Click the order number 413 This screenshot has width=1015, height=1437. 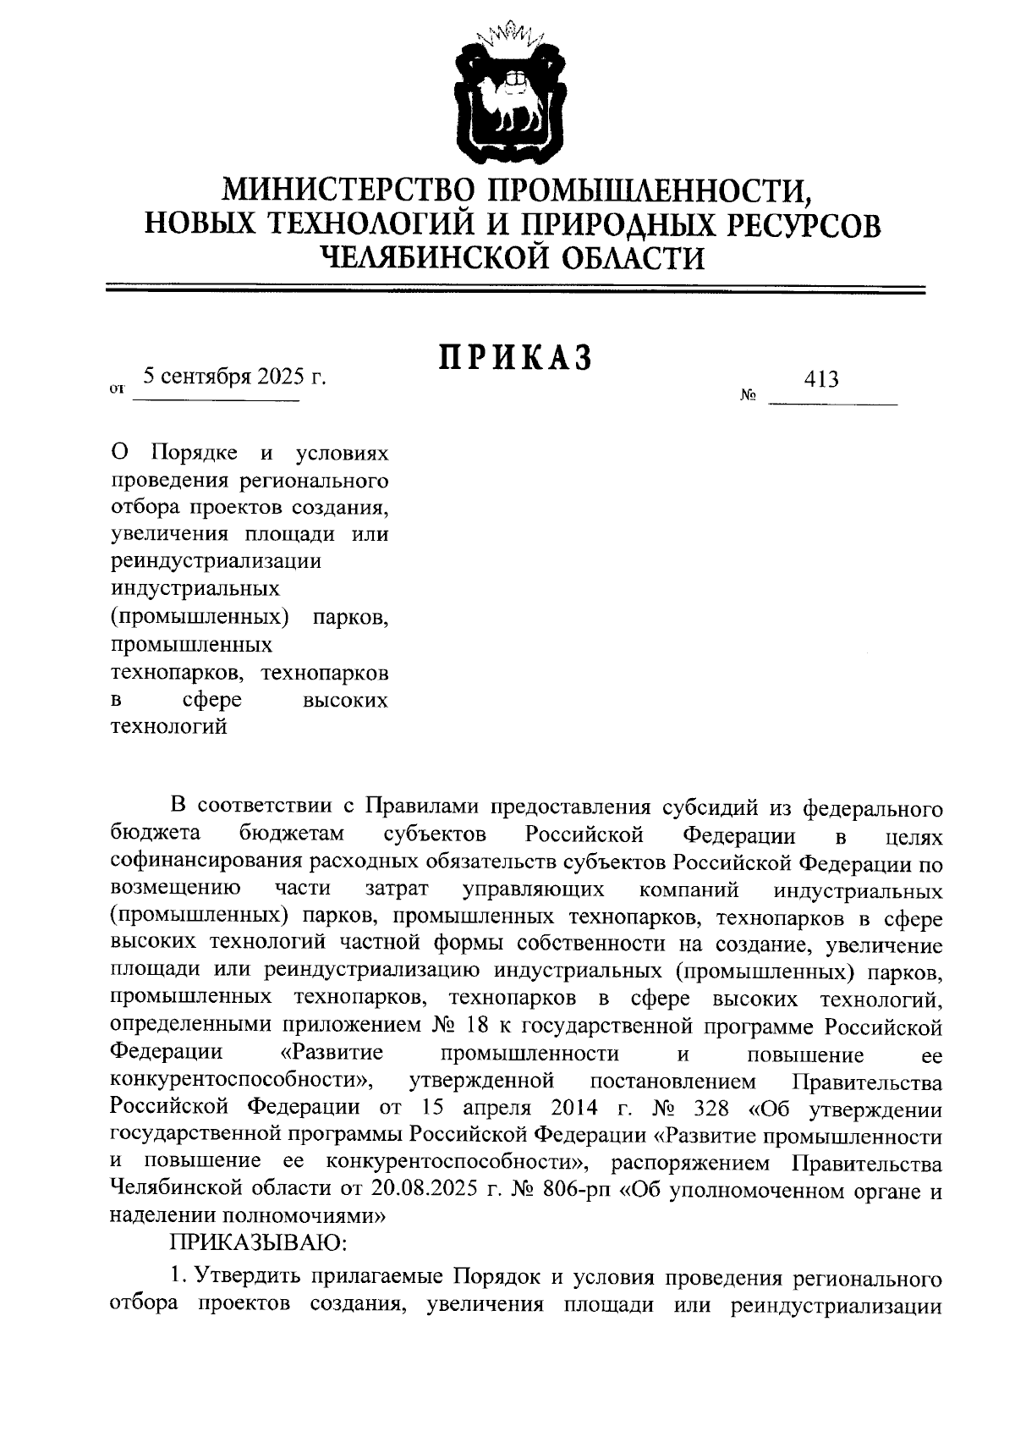click(822, 379)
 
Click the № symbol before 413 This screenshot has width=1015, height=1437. click(748, 394)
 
